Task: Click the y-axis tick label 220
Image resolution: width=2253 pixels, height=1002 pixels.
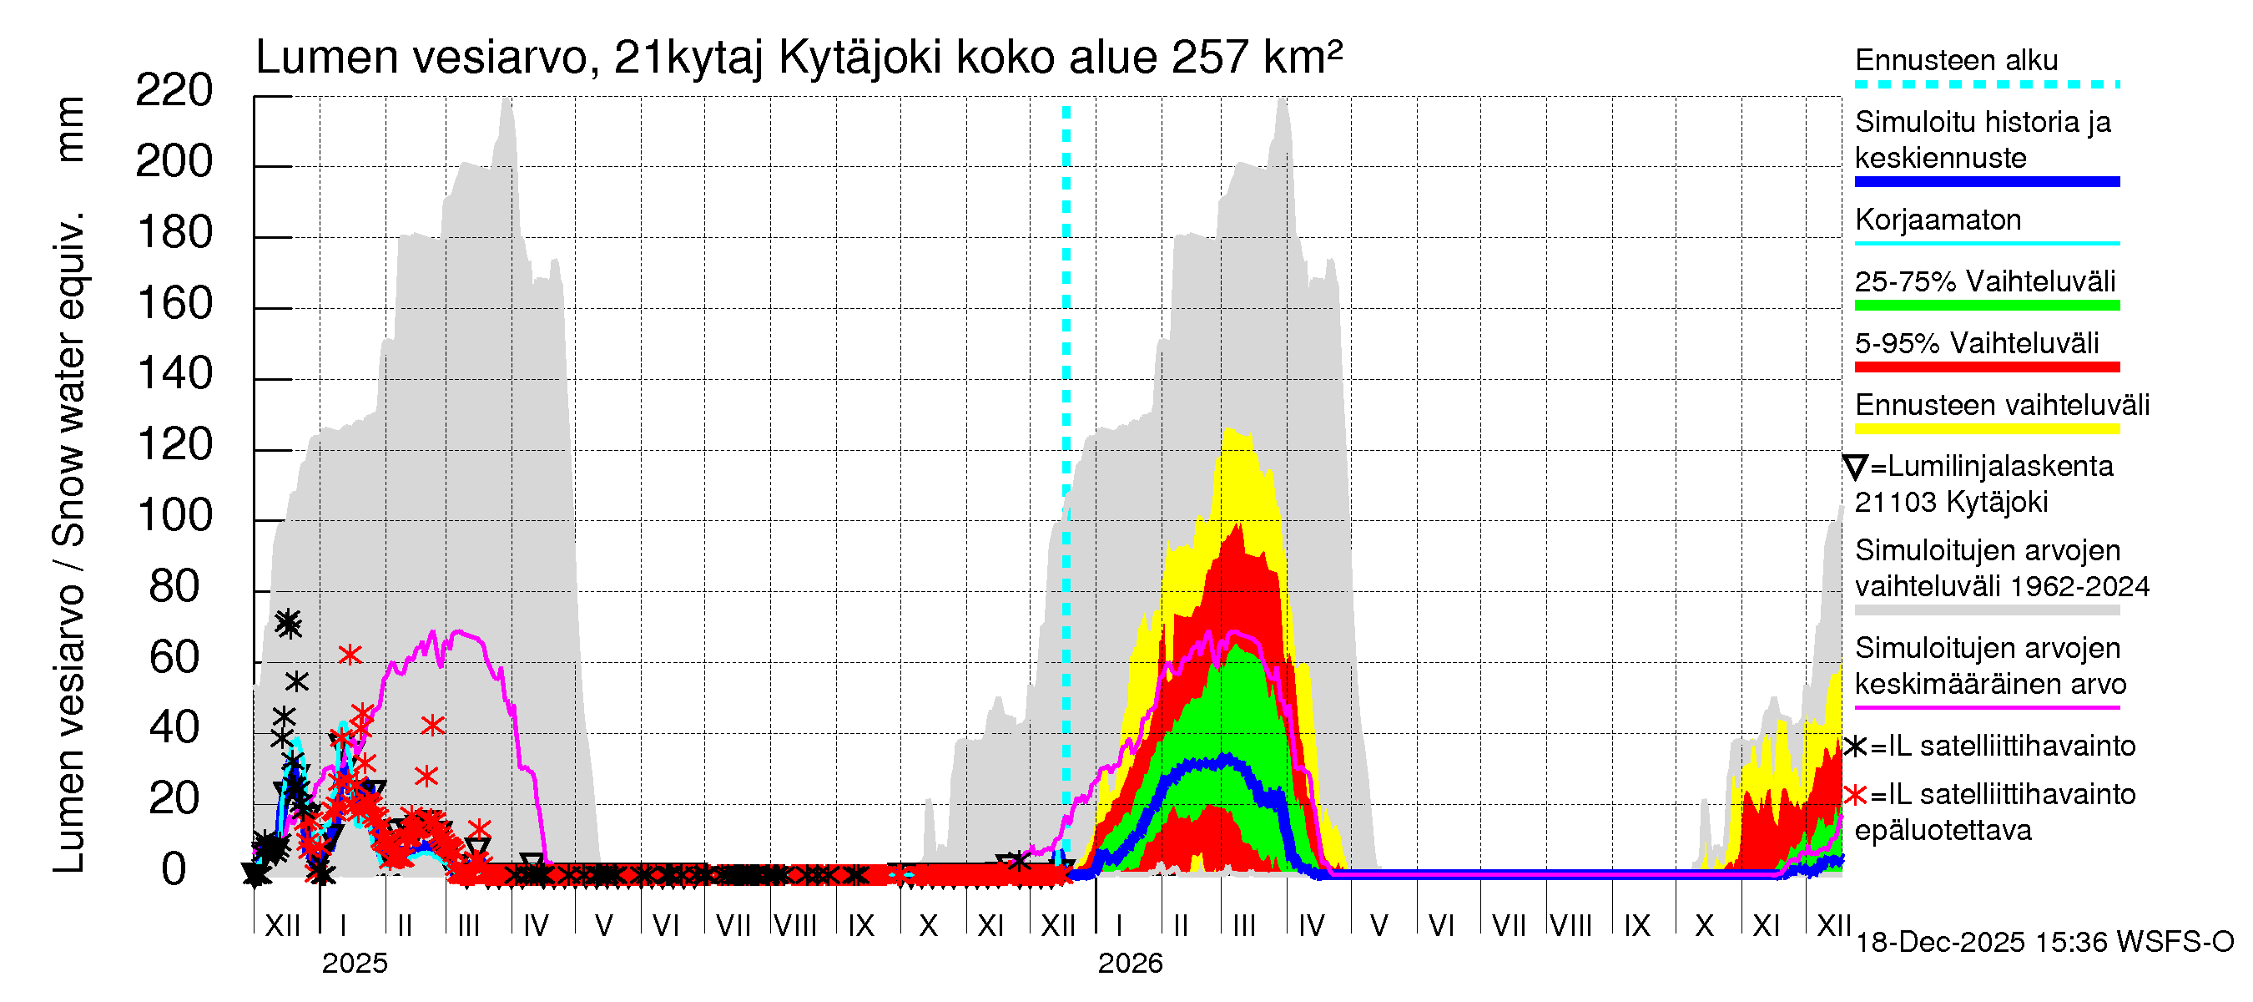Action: coord(174,90)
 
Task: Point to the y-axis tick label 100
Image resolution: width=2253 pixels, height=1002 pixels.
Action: coord(174,515)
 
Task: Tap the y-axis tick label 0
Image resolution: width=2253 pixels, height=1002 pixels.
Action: coord(174,870)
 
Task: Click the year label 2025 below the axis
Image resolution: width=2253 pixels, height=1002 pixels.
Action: coord(354,964)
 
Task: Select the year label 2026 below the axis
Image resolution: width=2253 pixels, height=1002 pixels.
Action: coord(1130,964)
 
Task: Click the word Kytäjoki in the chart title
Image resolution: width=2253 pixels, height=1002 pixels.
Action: coord(859,58)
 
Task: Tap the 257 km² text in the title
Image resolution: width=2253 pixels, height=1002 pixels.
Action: coord(1256,58)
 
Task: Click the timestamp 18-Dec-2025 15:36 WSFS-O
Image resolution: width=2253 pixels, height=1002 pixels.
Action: coord(2044,943)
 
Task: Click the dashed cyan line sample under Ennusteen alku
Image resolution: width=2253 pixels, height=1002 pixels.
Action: coord(1986,85)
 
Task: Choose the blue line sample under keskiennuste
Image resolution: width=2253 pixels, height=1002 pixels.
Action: coord(1986,182)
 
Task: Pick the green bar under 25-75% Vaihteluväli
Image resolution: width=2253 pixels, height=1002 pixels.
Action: coord(1986,306)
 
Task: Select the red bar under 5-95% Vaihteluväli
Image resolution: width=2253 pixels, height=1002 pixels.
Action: coord(1986,367)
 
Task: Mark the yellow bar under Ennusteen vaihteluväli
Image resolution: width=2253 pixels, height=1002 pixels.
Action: coord(1986,429)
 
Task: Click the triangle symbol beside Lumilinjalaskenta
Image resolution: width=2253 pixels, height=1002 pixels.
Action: coord(1855,467)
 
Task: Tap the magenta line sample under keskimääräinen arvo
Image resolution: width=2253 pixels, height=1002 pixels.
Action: coord(1986,707)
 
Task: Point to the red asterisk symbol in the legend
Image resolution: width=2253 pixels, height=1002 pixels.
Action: coord(1855,795)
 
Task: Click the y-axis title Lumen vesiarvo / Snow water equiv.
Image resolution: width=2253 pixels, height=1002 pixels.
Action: coord(69,543)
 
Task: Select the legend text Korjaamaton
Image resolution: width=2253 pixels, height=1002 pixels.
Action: coord(1938,220)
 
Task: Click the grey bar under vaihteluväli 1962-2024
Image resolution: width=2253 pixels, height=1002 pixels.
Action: coord(1986,610)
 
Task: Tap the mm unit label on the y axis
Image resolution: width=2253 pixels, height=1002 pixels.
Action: coord(69,129)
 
